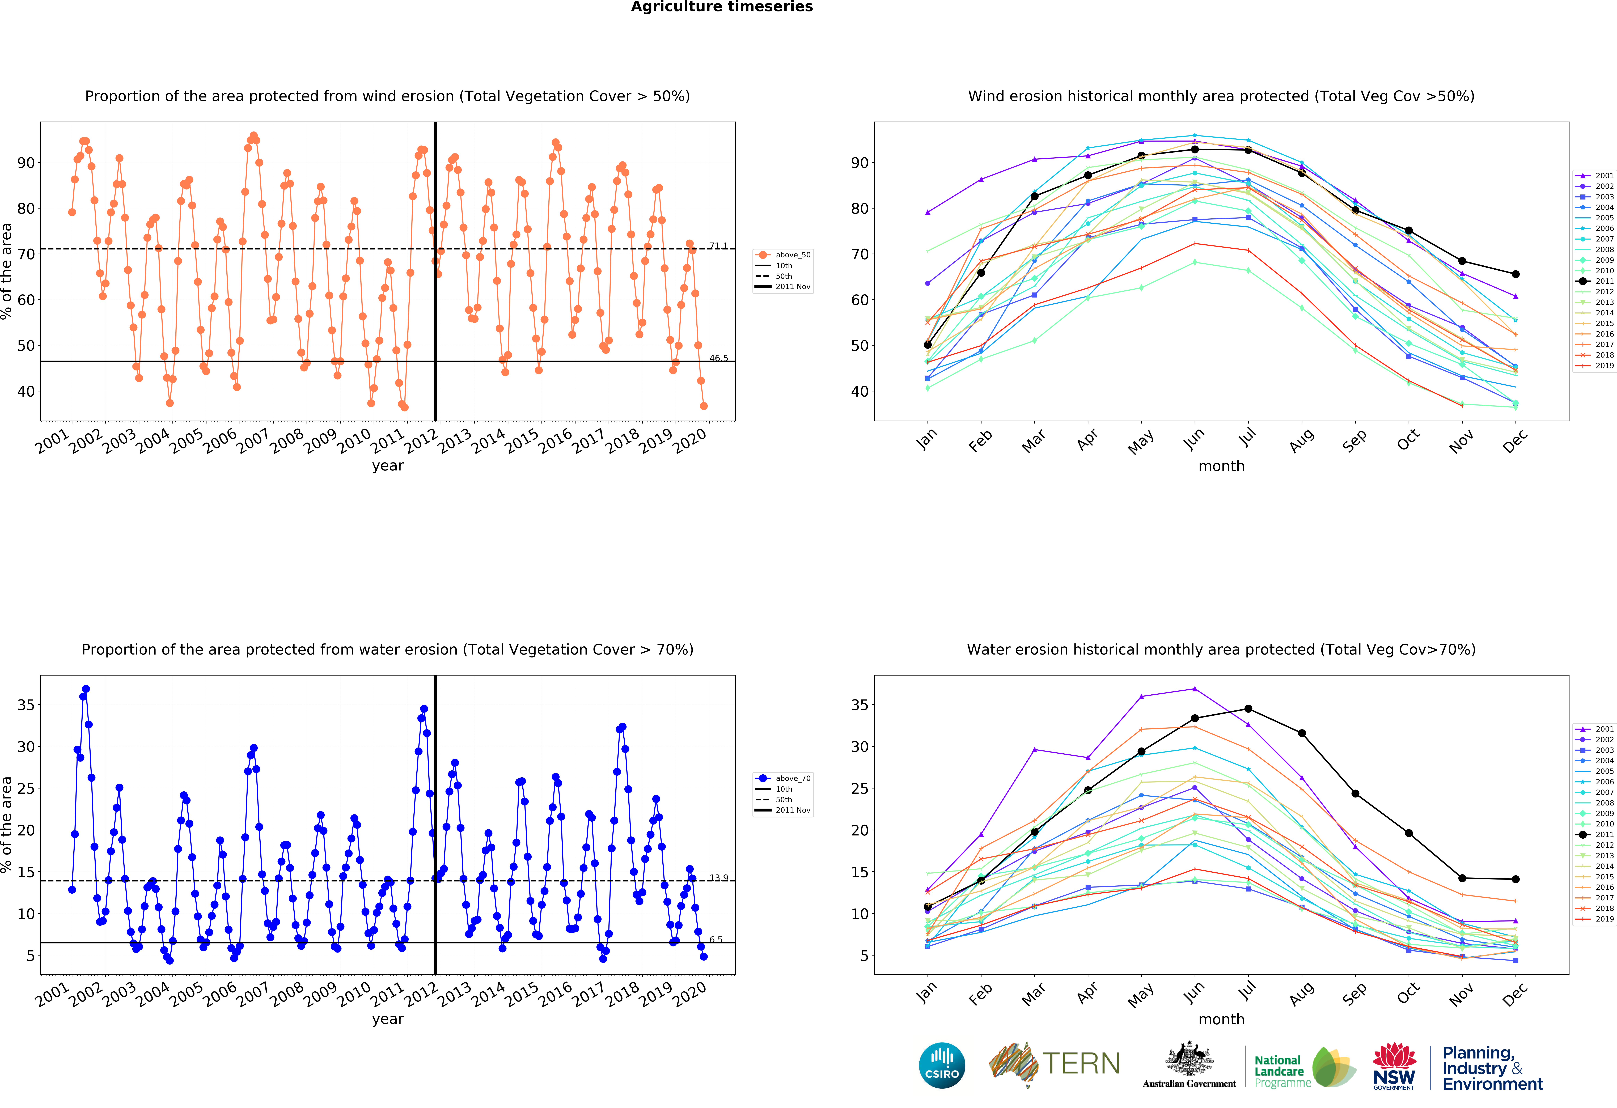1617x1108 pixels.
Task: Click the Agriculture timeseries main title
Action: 722,7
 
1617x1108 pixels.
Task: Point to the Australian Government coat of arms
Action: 1189,1060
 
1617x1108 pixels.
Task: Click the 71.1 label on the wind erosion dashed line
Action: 718,246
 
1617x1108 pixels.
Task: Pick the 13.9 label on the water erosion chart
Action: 718,878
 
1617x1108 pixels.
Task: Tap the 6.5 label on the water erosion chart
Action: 716,940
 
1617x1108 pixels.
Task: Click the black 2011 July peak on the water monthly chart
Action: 1248,709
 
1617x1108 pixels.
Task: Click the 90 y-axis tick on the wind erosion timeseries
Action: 26,163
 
